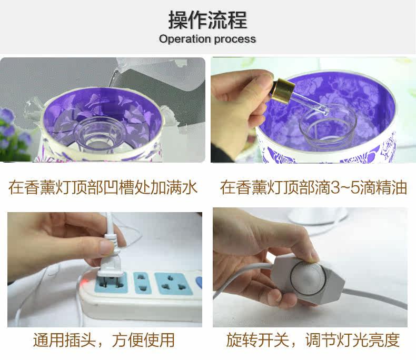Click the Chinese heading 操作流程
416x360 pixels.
pyautogui.click(x=207, y=20)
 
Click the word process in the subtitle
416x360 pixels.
pyautogui.click(x=235, y=39)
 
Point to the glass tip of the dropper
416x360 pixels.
pyautogui.click(x=325, y=112)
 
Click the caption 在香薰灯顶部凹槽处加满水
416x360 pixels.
pyautogui.click(x=103, y=187)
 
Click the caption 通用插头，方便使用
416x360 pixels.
pyautogui.click(x=104, y=340)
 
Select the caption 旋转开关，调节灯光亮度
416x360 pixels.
pyautogui.click(x=313, y=340)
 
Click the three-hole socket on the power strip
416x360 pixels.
pyautogui.click(x=174, y=284)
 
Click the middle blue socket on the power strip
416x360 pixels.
pyautogui.click(x=142, y=283)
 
